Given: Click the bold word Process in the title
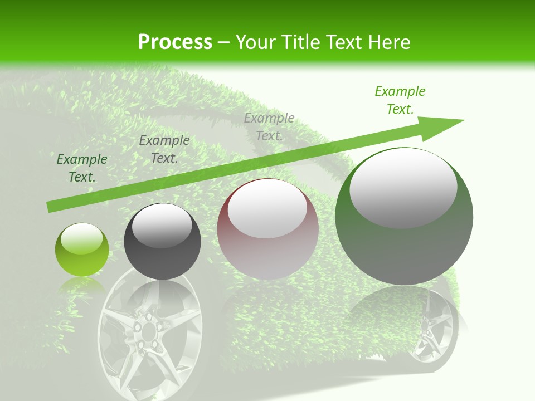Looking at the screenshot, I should click(x=175, y=42).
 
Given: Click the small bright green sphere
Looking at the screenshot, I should click(x=82, y=250).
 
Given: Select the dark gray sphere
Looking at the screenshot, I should click(x=162, y=242).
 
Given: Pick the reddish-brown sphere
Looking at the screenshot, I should click(x=268, y=229).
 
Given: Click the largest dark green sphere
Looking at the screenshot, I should click(x=404, y=216).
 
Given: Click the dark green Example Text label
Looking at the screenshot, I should click(x=82, y=168).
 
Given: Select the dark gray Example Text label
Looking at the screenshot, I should click(x=164, y=149).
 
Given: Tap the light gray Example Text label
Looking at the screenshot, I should click(x=269, y=126).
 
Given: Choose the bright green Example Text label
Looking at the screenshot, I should click(x=400, y=100).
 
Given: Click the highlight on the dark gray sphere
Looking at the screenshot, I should click(x=162, y=226).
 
